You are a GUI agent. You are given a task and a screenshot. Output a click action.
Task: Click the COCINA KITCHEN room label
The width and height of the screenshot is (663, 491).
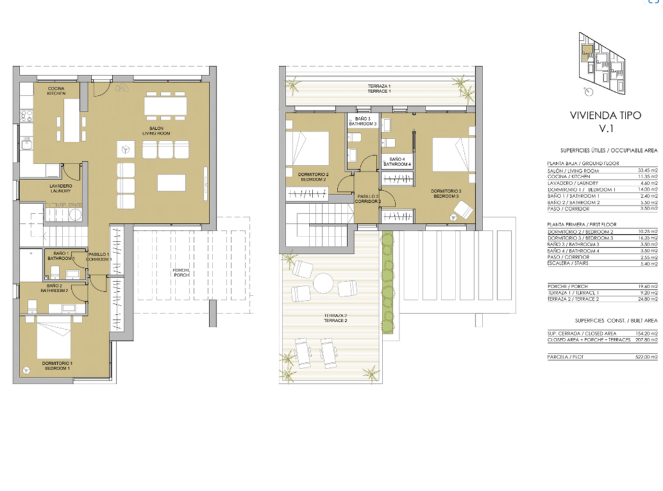tap(57, 91)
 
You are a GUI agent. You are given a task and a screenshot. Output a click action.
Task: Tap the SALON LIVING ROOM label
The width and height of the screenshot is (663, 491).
tap(156, 130)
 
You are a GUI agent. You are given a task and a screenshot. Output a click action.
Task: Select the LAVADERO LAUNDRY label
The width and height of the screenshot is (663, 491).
tap(61, 188)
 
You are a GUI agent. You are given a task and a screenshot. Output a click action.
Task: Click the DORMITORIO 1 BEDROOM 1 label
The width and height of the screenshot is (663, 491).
tap(56, 366)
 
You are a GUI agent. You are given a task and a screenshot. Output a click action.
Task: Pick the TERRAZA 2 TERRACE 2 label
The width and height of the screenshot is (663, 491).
tap(336, 318)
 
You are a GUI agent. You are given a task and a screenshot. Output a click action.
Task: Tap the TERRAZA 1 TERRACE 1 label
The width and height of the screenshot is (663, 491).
tap(379, 88)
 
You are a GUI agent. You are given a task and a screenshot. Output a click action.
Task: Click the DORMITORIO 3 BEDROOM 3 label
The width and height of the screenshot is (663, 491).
tap(445, 193)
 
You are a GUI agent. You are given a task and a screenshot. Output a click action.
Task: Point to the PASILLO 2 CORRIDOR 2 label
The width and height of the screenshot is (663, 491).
tap(368, 199)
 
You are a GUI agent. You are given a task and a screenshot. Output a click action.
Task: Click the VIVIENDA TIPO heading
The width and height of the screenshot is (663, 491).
tap(605, 115)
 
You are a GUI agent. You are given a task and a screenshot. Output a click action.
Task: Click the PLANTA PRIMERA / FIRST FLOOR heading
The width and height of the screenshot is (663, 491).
tap(582, 224)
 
